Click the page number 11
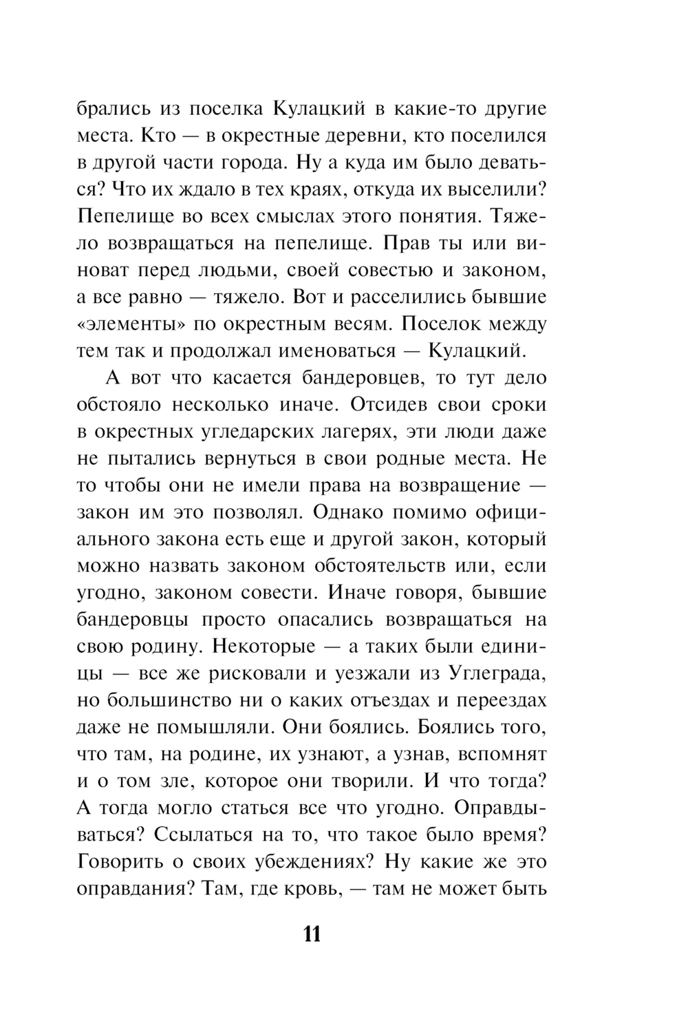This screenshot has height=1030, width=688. click(311, 934)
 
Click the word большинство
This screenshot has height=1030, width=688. click(162, 700)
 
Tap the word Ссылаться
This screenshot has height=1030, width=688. click(204, 834)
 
